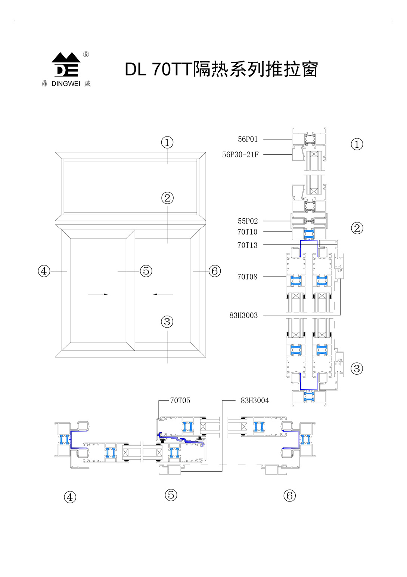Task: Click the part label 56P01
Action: pyautogui.click(x=248, y=139)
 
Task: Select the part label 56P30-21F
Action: pyautogui.click(x=240, y=154)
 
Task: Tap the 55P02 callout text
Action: pyautogui.click(x=248, y=221)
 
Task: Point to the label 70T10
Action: pyautogui.click(x=247, y=232)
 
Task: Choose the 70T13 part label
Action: pyautogui.click(x=247, y=245)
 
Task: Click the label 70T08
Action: pyautogui.click(x=247, y=277)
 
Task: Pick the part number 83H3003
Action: pyautogui.click(x=243, y=315)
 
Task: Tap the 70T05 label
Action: pyautogui.click(x=180, y=400)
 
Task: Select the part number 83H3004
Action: pyautogui.click(x=255, y=400)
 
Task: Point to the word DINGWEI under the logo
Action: pyautogui.click(x=66, y=84)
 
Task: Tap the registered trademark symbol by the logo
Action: pyautogui.click(x=86, y=55)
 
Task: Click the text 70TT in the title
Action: pyautogui.click(x=172, y=70)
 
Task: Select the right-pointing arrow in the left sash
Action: pyautogui.click(x=98, y=294)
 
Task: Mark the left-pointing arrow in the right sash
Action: pyautogui.click(x=163, y=294)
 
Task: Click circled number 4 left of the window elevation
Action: pyautogui.click(x=44, y=271)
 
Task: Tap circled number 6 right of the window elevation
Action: pyautogui.click(x=215, y=271)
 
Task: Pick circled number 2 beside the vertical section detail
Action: pyautogui.click(x=357, y=228)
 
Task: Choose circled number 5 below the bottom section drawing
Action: pyautogui.click(x=171, y=495)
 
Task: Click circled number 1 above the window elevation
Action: pyautogui.click(x=167, y=142)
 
